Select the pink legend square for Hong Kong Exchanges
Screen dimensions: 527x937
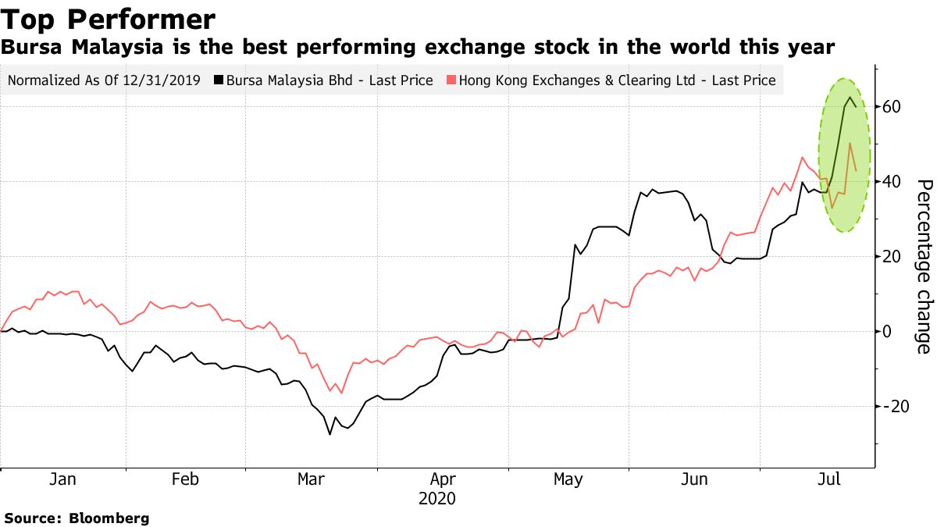(x=451, y=80)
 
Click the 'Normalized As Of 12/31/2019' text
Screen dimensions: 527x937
(x=103, y=80)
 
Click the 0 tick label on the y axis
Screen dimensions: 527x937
(x=888, y=332)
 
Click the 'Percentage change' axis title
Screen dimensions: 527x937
(x=924, y=265)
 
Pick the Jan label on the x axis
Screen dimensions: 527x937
(x=62, y=479)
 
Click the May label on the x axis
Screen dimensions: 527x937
(x=567, y=479)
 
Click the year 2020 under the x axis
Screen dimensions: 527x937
(x=437, y=498)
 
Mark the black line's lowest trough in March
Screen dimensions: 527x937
(x=330, y=434)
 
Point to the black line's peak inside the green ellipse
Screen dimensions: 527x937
(x=850, y=98)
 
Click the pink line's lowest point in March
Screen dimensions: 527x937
(x=341, y=393)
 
